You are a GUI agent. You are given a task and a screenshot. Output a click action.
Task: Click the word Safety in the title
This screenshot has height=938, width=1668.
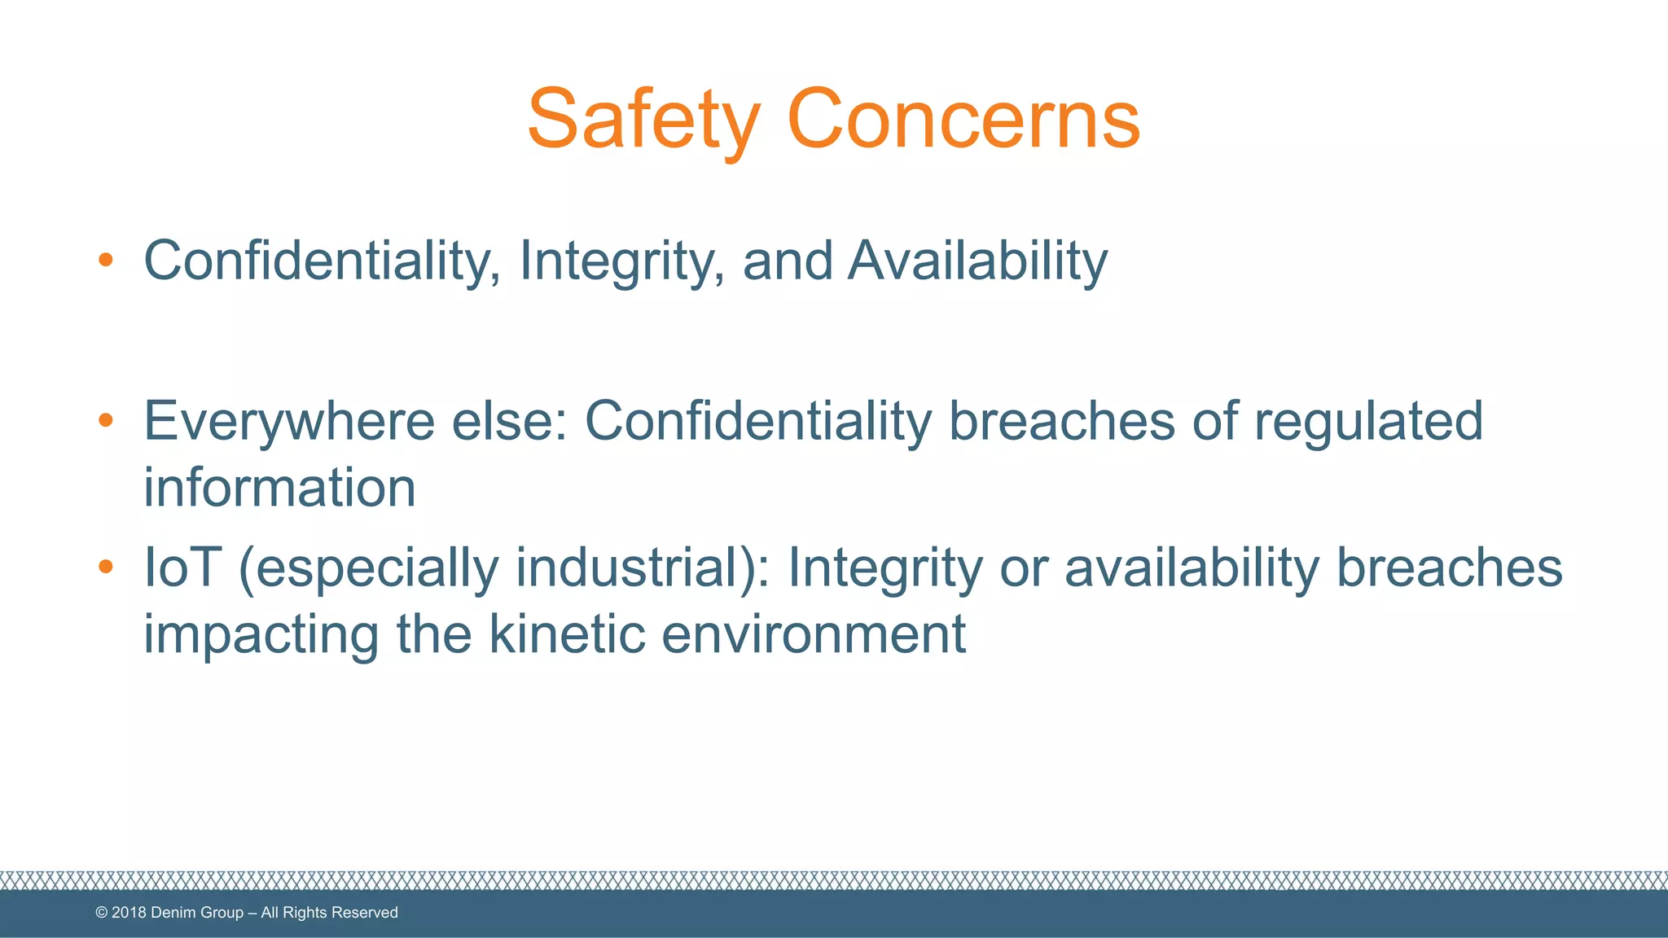(x=643, y=121)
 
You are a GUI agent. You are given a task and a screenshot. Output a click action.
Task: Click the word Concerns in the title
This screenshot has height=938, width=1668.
(x=963, y=121)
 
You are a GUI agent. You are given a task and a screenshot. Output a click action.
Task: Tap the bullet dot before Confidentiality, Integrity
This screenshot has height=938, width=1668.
(x=105, y=261)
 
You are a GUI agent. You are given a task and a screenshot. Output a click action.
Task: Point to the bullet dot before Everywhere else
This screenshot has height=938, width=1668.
(x=105, y=420)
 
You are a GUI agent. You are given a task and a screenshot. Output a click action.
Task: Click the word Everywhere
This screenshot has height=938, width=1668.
(x=289, y=422)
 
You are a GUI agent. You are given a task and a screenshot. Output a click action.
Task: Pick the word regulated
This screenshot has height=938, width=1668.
(x=1368, y=422)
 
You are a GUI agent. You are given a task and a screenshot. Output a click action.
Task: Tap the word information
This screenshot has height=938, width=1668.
(x=279, y=488)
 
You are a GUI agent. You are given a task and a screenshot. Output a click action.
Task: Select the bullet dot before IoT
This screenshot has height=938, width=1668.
(x=105, y=566)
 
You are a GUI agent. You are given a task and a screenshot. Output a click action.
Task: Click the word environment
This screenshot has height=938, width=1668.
(x=814, y=633)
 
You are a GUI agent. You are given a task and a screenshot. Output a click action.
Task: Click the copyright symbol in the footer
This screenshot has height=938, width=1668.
(x=102, y=913)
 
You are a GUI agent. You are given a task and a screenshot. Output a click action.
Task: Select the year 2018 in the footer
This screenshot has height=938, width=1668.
(x=129, y=913)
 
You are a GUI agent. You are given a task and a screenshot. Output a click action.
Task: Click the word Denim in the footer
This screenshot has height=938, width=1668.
(x=173, y=913)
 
